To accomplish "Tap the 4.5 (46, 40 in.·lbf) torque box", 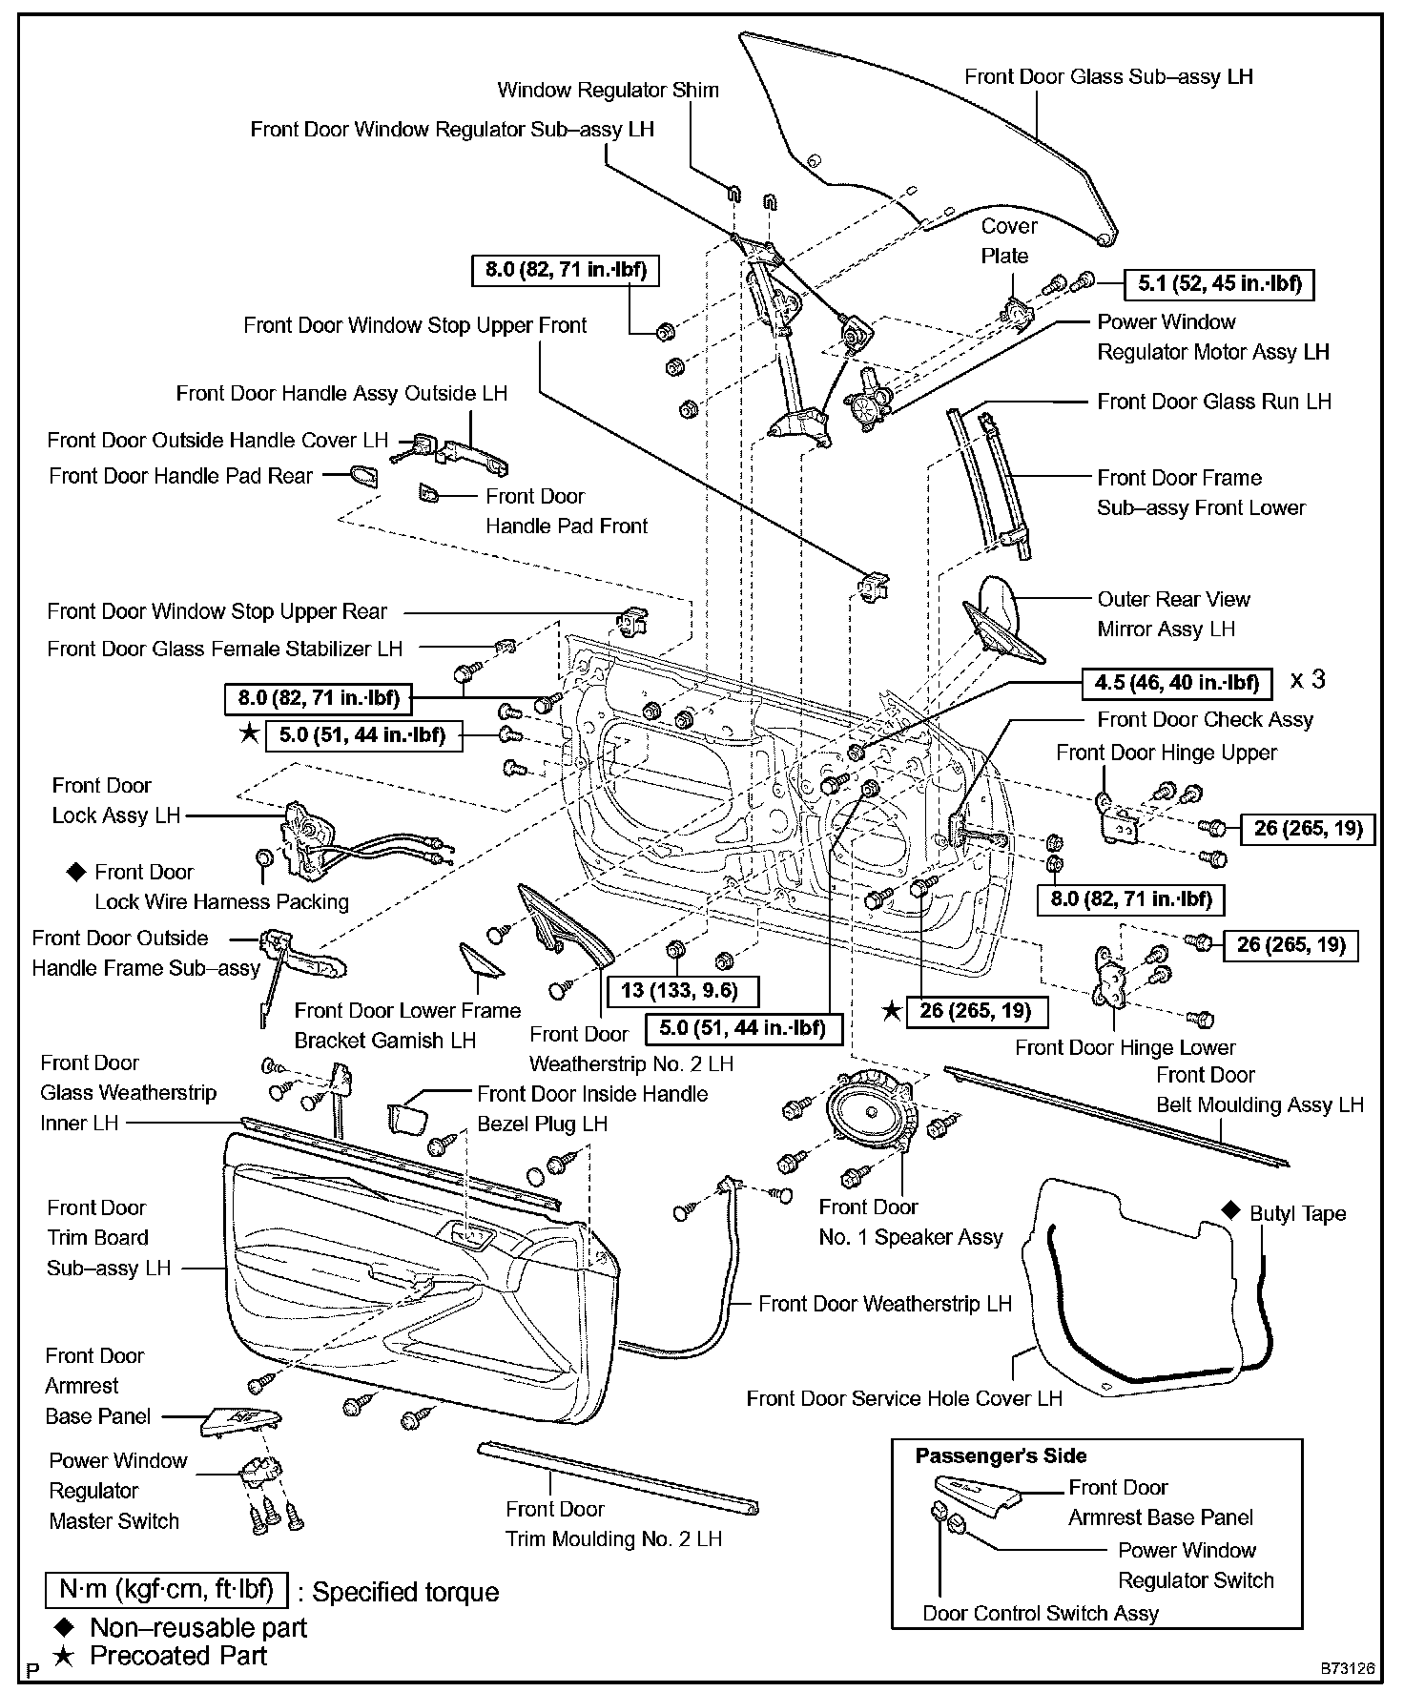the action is tap(1177, 682).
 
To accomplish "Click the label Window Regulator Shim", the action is tap(608, 91).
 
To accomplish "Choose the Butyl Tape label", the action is tap(1297, 1214).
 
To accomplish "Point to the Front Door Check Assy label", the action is tap(1205, 720).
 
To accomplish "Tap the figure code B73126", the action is tap(1348, 1668).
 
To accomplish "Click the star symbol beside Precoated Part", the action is tap(63, 1657).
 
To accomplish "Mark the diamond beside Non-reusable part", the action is tap(63, 1627).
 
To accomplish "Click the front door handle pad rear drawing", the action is tap(363, 475).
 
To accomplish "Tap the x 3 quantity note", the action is tap(1307, 680).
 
